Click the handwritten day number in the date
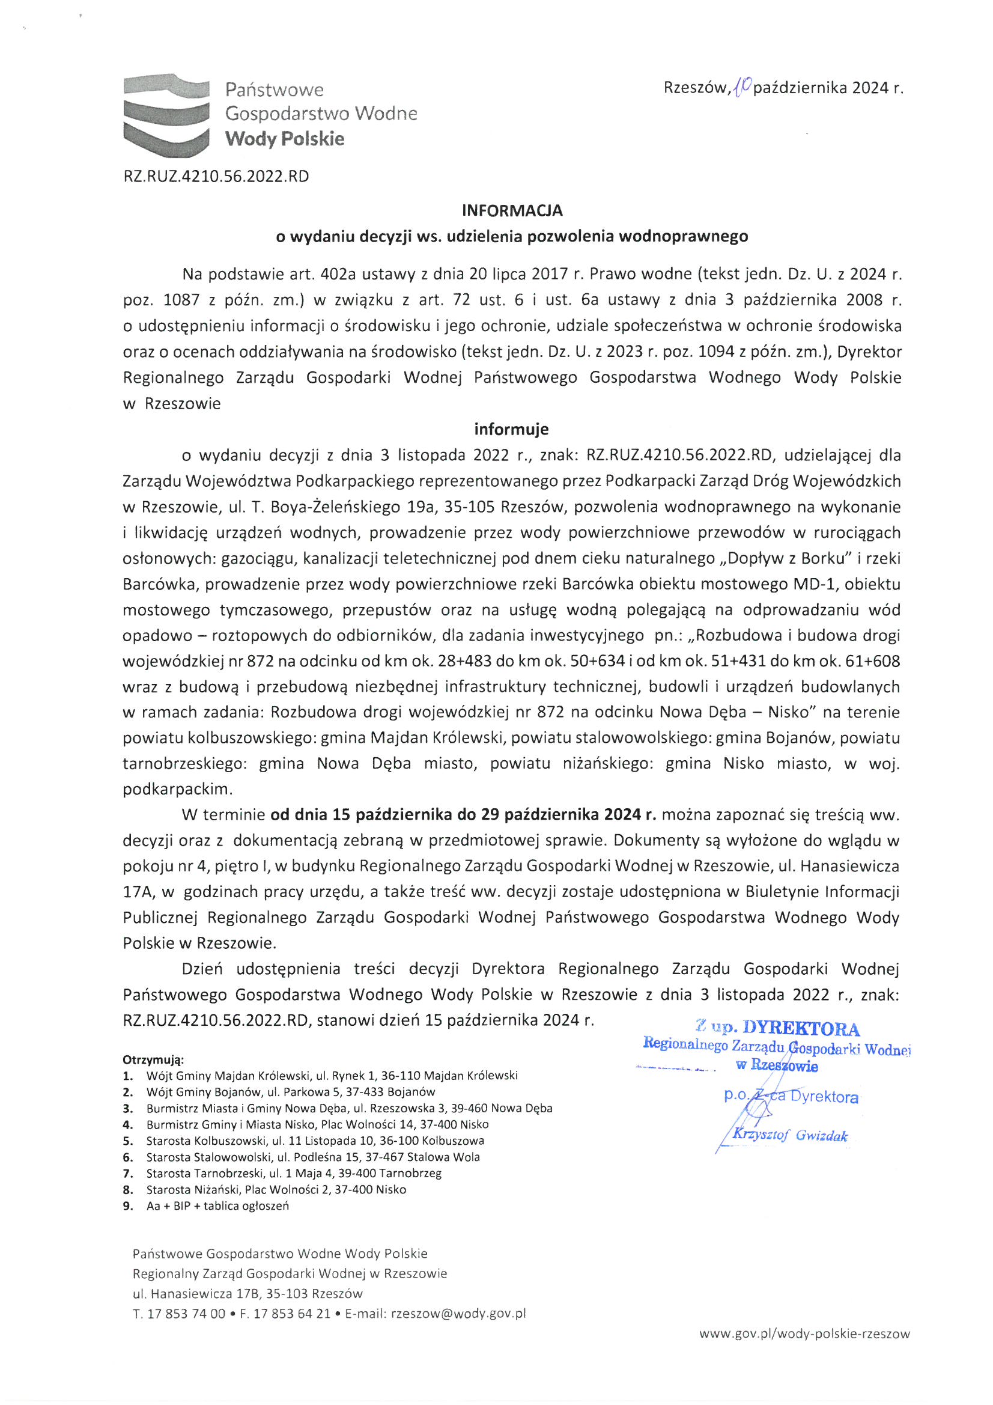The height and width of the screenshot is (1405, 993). [x=741, y=87]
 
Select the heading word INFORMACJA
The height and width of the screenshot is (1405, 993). [x=511, y=210]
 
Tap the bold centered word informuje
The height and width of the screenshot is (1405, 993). [x=511, y=429]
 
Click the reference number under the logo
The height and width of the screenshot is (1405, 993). [x=216, y=177]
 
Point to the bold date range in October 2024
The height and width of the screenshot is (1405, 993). [x=464, y=814]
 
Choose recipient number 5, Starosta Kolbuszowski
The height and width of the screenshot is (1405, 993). [x=315, y=1141]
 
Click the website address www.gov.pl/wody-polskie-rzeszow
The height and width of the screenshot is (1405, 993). [x=804, y=1334]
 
